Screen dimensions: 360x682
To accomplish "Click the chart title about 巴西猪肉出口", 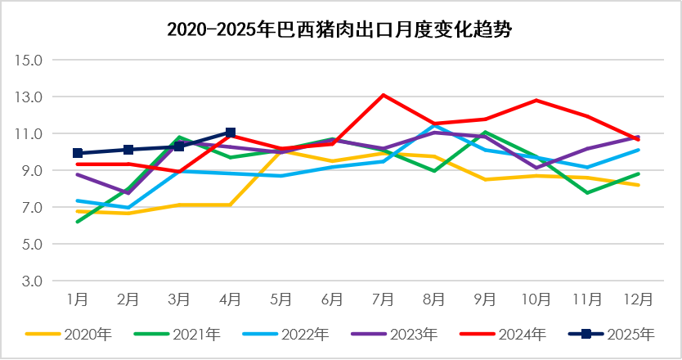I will tap(340, 30).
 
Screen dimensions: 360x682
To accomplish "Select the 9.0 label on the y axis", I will tap(30, 170).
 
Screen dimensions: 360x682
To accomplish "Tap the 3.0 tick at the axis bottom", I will tap(30, 281).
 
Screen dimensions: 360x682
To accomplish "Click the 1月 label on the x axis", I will tap(78, 299).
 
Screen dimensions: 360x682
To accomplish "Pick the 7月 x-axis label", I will tap(383, 299).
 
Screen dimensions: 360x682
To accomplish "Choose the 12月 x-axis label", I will tap(638, 299).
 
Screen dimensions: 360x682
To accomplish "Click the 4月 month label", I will tap(231, 299).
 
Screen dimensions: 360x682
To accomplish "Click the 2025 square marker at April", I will tap(231, 133).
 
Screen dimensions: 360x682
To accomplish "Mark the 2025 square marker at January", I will tap(78, 153).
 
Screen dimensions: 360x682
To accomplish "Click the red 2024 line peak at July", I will tap(383, 95).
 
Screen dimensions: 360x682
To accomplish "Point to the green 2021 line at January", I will tap(78, 222).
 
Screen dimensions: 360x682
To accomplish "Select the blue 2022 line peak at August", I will tap(434, 126).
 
